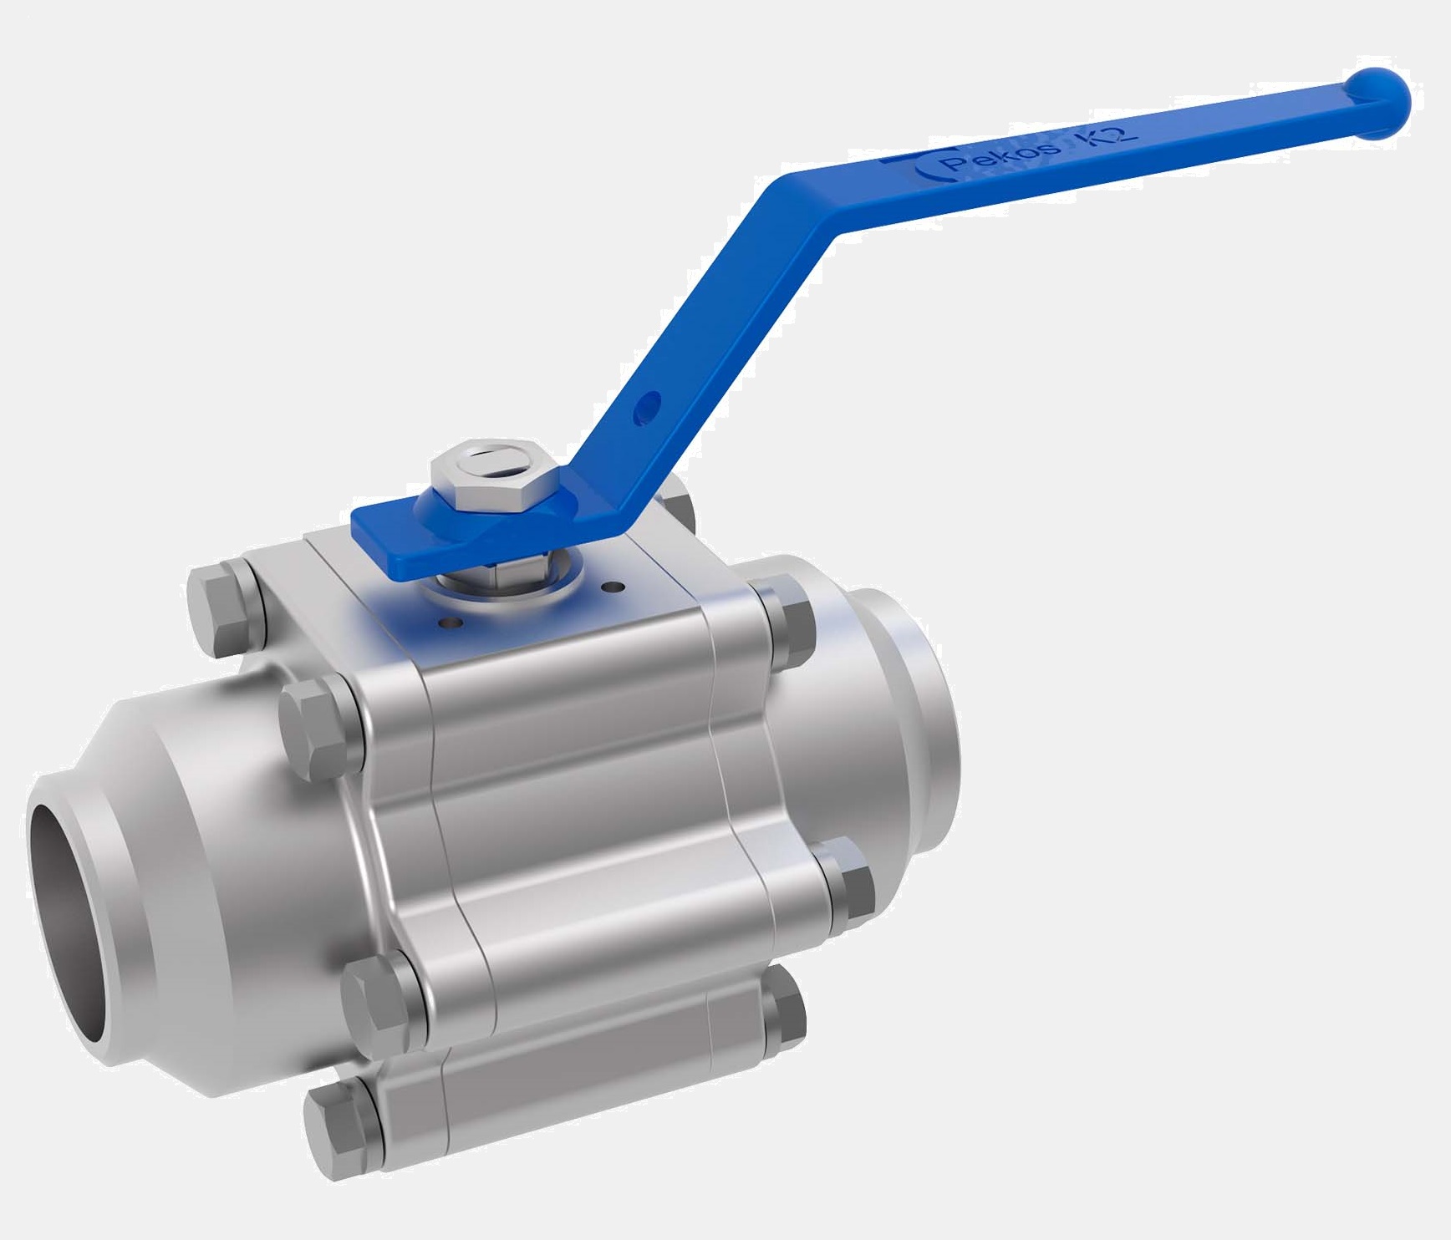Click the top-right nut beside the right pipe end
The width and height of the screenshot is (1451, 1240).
click(x=786, y=626)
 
